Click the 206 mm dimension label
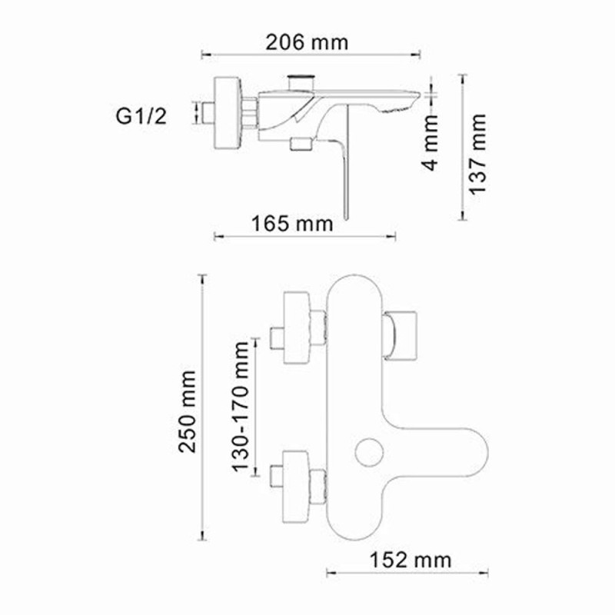point(307,42)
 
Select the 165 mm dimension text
point(293,224)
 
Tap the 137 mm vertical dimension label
point(479,153)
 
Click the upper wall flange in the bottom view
point(299,327)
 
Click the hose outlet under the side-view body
point(299,143)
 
